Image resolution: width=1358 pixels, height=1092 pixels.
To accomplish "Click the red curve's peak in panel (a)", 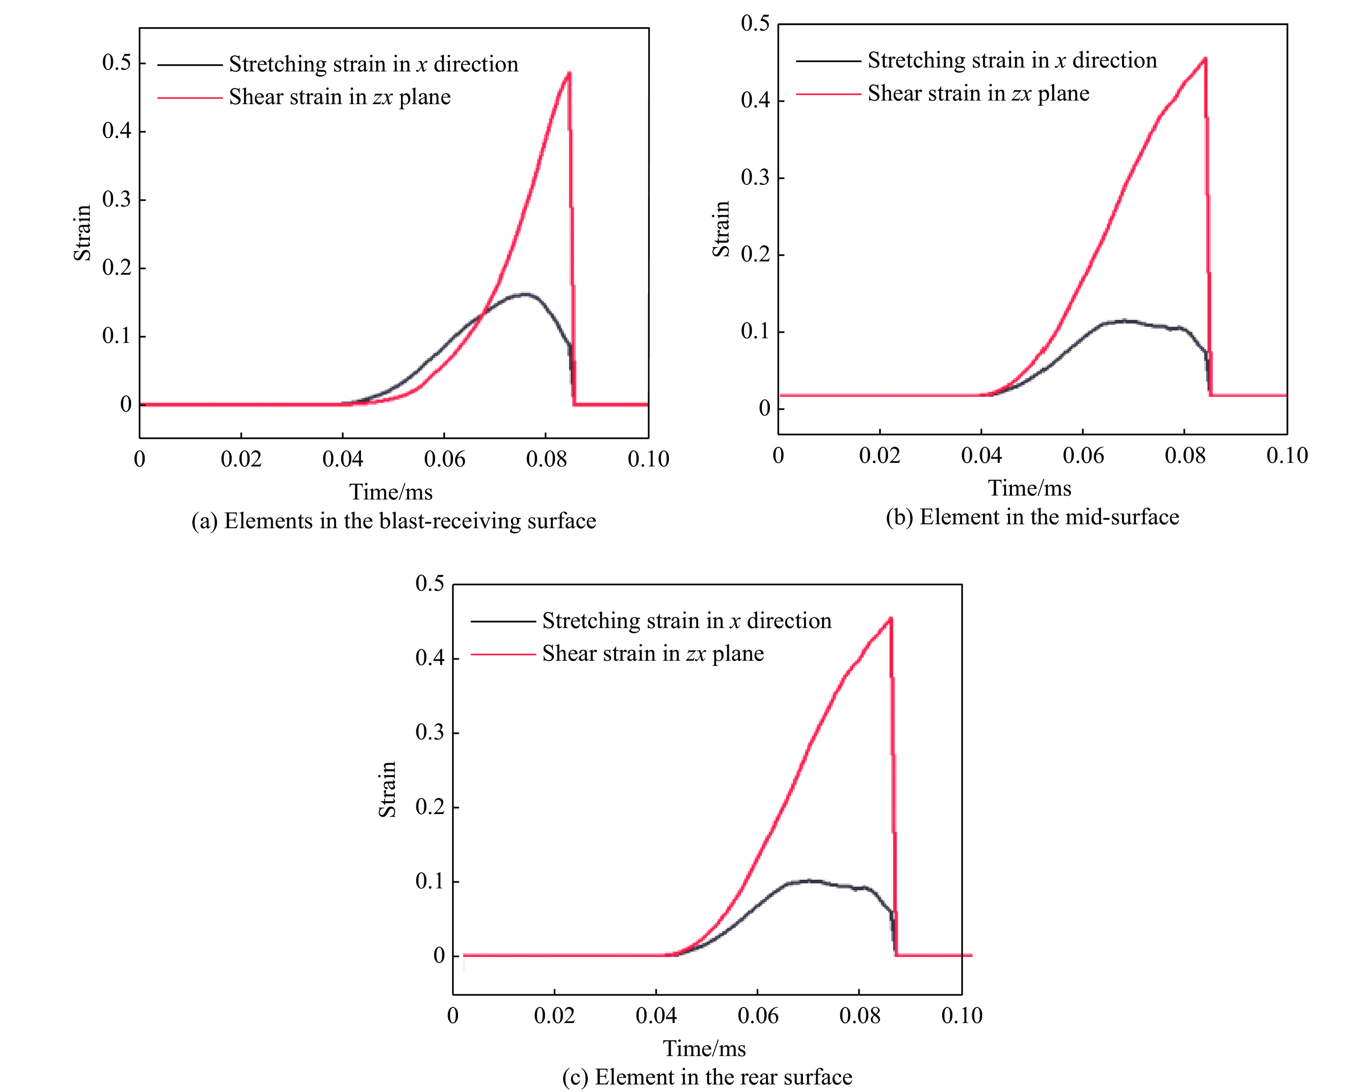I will pyautogui.click(x=569, y=73).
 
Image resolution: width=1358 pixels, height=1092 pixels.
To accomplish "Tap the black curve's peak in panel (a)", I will pyautogui.click(x=524, y=294).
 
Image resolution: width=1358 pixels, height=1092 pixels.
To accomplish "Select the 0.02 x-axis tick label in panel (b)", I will pyautogui.click(x=879, y=455).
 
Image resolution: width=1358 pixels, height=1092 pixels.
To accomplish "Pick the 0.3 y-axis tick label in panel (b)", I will pyautogui.click(x=755, y=178).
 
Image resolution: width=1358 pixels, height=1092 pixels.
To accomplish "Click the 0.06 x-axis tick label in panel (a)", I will pyautogui.click(x=444, y=459).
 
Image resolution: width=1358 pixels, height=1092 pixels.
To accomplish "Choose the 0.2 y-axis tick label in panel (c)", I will pyautogui.click(x=430, y=807).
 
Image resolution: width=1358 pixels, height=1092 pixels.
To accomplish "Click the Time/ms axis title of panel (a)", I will pyautogui.click(x=391, y=492).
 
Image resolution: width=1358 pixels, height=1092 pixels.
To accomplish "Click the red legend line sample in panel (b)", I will pyautogui.click(x=828, y=94).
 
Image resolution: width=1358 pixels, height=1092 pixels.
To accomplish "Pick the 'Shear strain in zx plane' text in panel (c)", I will pyautogui.click(x=652, y=654).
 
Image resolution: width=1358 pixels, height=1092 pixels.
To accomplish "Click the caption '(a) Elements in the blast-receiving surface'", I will pyautogui.click(x=394, y=521).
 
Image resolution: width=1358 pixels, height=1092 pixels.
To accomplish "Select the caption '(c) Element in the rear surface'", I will pyautogui.click(x=707, y=1077).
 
